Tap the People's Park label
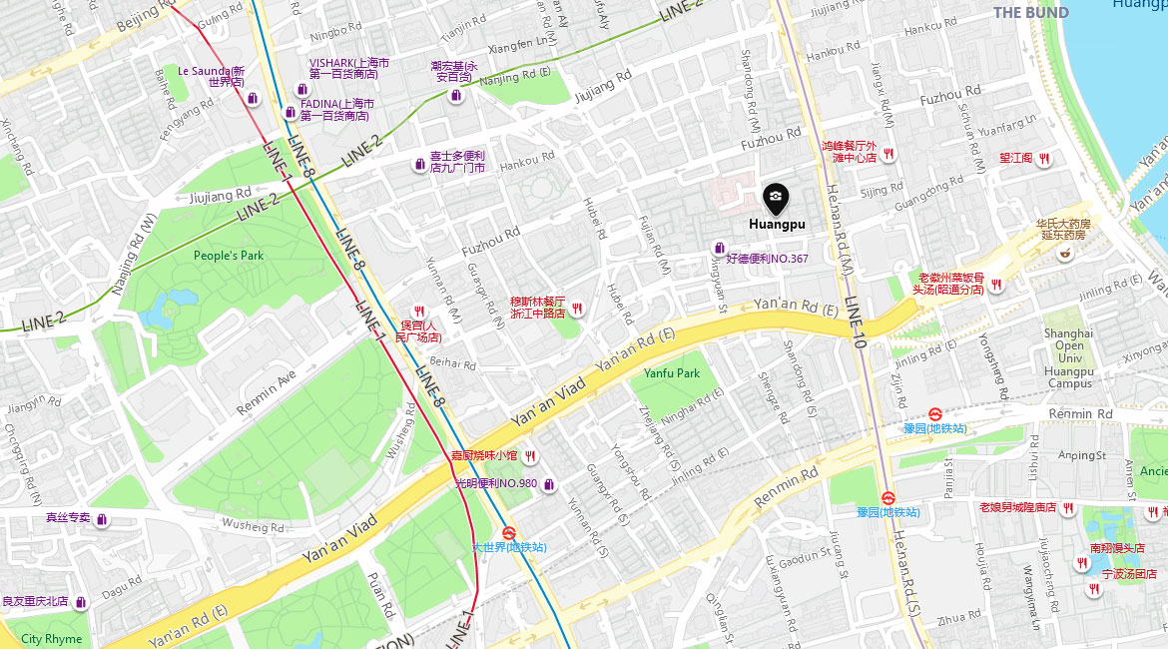(229, 256)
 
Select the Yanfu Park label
(671, 373)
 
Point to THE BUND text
(1030, 13)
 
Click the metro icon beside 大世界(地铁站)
(508, 533)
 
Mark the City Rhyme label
(52, 639)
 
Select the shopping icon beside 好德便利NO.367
(718, 248)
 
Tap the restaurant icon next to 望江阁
(1043, 158)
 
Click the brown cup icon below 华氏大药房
(1065, 253)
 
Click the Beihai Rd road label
(455, 364)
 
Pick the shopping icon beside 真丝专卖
(102, 518)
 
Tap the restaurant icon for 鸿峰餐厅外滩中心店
(887, 153)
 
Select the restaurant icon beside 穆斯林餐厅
(577, 309)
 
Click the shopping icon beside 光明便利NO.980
(548, 484)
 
